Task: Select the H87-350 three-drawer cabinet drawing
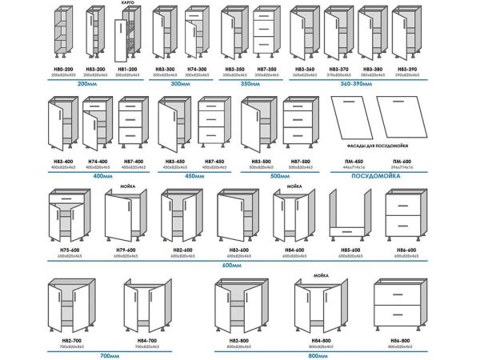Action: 266,35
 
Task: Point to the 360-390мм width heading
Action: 356,83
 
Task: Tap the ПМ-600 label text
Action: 402,161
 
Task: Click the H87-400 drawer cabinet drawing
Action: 132,124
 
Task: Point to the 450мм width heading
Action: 194,175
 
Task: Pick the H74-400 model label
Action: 98,162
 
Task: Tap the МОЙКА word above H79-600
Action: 126,183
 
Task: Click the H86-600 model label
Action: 406,251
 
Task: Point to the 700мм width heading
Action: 108,354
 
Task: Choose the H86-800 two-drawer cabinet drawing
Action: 397,308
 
